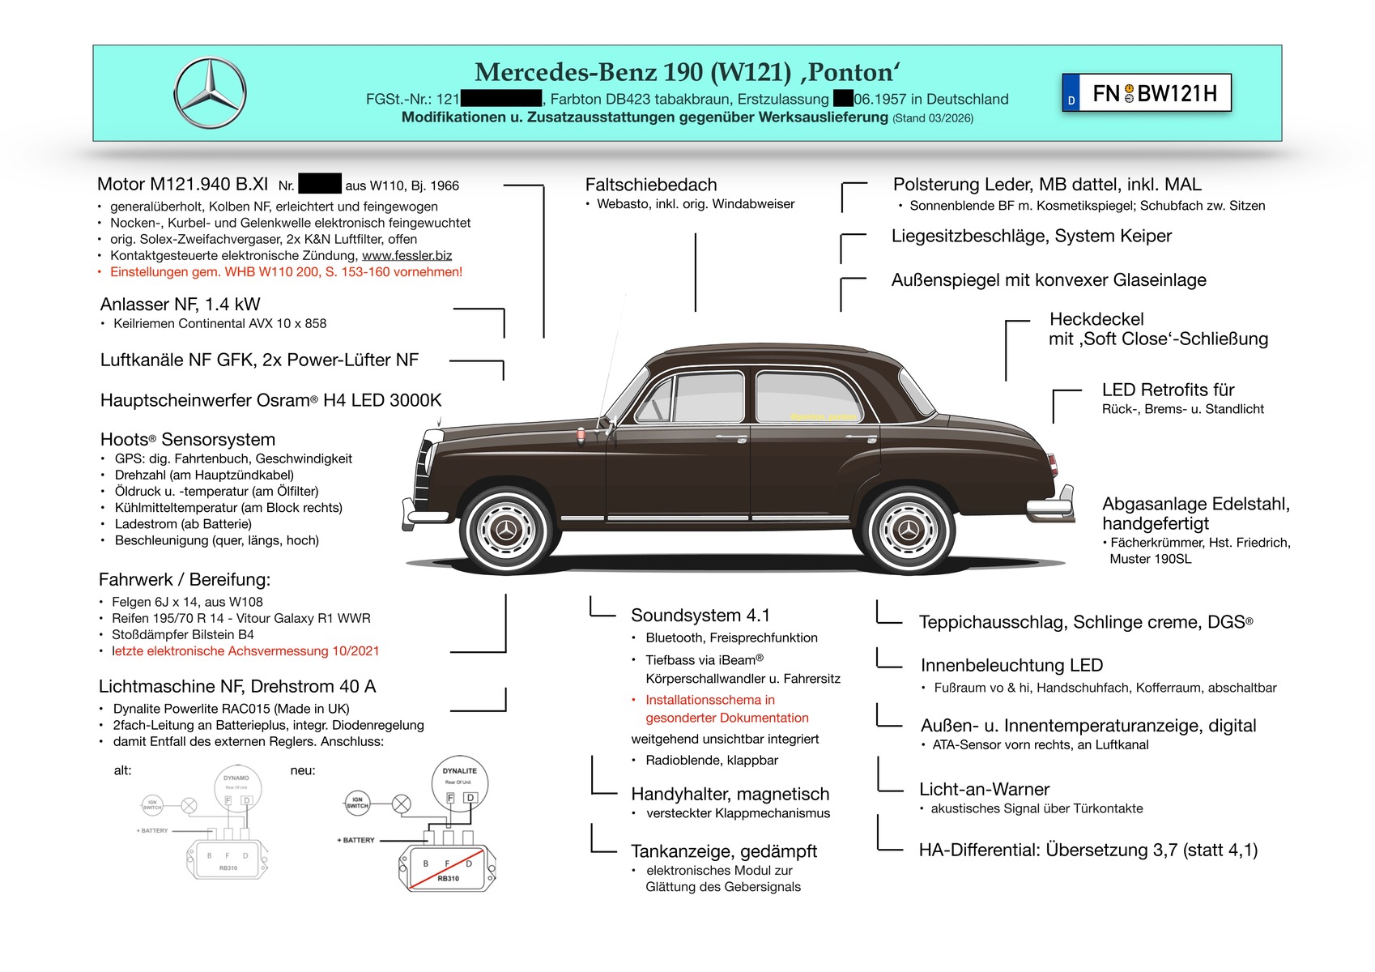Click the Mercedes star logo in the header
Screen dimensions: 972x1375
coord(210,92)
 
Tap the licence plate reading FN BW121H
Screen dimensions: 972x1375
coord(1146,93)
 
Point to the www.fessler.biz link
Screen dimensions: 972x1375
coord(407,256)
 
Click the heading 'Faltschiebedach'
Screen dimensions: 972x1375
coord(651,185)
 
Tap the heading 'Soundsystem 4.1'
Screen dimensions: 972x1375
coord(700,616)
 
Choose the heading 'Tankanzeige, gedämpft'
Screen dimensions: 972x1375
coord(724,851)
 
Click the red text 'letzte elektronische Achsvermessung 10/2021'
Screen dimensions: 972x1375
coord(246,651)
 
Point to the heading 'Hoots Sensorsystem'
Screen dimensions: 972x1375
coord(188,440)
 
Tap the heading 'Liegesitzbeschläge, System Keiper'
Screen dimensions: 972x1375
coord(1032,237)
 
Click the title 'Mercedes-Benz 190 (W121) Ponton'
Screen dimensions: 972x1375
coord(687,72)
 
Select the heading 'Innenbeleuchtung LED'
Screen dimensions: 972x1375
coord(1011,666)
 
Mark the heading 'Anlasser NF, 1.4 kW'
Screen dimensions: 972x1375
coord(180,305)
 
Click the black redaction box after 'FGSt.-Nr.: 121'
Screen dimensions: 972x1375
coord(500,100)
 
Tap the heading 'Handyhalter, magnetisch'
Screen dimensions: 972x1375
coord(730,795)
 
